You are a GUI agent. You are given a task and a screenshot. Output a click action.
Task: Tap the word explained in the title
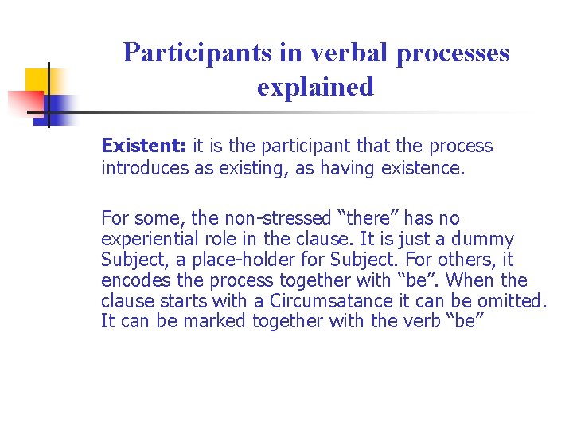315,87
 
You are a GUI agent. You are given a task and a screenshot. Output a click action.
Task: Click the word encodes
131,280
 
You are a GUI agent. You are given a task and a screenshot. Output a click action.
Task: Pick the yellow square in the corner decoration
38,80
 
